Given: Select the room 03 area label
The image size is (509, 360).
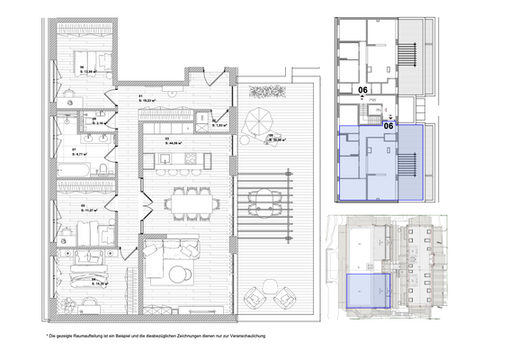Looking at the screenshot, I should pyautogui.click(x=174, y=141).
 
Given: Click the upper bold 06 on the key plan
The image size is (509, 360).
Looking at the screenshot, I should pyautogui.click(x=364, y=90).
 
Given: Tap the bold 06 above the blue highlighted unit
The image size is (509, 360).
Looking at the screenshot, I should pyautogui.click(x=389, y=127).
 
